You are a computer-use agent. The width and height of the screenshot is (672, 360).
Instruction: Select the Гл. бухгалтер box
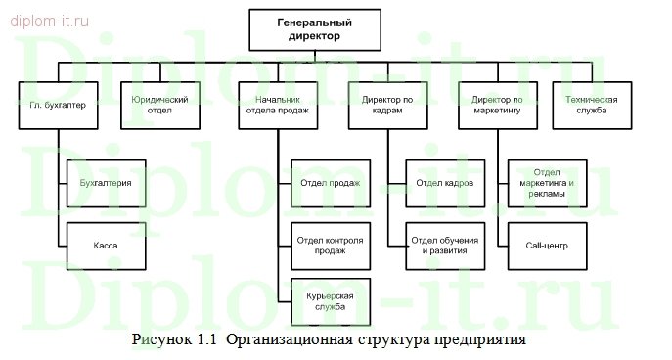[59, 105]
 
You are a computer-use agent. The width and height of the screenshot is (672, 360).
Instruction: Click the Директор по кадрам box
[388, 105]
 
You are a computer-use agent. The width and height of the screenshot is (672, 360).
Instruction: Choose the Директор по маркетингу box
[501, 105]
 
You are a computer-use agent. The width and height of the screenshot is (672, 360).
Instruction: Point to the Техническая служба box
[592, 105]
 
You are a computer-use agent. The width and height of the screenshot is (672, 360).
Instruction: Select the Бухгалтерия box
[106, 182]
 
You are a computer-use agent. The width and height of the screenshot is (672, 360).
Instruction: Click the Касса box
[106, 246]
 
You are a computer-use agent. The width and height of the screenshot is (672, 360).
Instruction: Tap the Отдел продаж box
[331, 182]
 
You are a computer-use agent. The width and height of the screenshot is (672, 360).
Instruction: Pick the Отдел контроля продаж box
[331, 246]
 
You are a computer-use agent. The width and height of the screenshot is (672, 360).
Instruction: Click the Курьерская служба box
[331, 301]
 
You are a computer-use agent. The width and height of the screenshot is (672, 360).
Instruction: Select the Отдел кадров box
[445, 182]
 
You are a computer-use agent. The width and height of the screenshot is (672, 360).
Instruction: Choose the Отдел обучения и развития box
[445, 246]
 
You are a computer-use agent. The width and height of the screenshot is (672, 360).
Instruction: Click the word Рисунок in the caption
[163, 340]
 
